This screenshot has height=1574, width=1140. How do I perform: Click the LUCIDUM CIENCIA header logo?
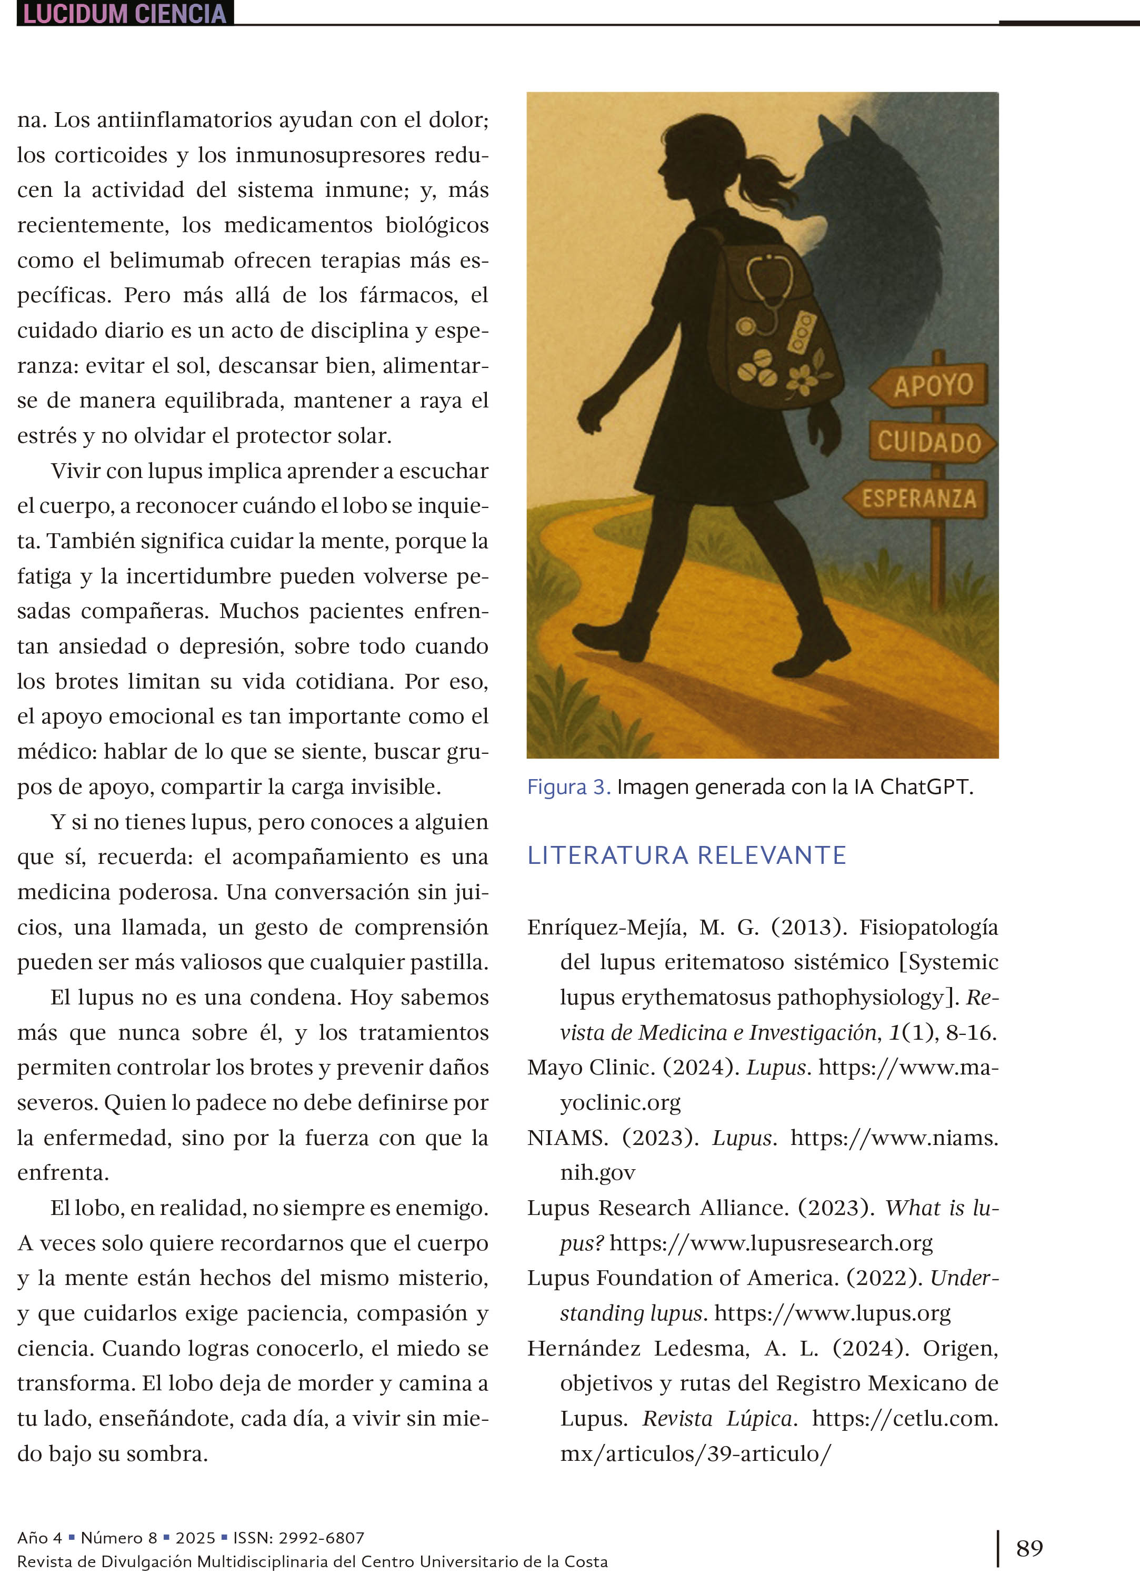125,13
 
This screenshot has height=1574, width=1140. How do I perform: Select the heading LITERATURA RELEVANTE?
686,855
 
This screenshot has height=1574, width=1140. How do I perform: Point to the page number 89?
1029,1548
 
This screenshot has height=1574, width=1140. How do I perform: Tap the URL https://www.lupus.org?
832,1312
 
